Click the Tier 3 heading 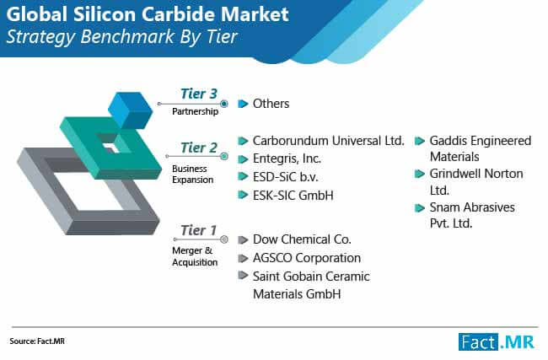[x=199, y=94]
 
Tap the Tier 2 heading [x=199, y=148]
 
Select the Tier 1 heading [x=198, y=230]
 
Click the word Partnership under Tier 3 [x=195, y=111]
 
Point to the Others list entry [x=271, y=104]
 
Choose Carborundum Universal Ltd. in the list [x=328, y=141]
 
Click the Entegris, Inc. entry [x=287, y=159]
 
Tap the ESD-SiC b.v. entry [x=285, y=177]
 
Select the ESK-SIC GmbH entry [x=293, y=195]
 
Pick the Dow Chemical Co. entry [x=302, y=239]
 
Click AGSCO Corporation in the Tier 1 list [x=307, y=258]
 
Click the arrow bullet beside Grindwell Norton [x=419, y=174]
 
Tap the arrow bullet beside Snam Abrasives [x=419, y=208]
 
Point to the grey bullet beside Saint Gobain [x=243, y=275]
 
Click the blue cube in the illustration [x=131, y=110]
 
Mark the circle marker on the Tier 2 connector [x=224, y=156]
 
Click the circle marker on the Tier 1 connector [x=224, y=239]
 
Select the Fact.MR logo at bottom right [x=497, y=341]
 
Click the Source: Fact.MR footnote [x=37, y=341]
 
